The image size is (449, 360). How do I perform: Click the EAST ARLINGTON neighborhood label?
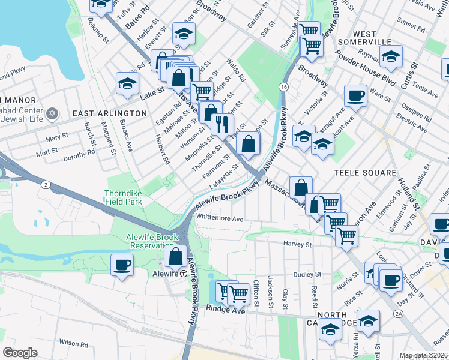click(x=110, y=113)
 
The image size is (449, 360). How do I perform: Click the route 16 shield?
click(x=282, y=87)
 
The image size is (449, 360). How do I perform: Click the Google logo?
click(x=20, y=352)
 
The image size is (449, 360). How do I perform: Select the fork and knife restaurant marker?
click(x=222, y=124)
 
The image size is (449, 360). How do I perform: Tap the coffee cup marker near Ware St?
click(x=355, y=95)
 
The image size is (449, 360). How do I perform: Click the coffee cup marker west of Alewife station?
click(x=122, y=265)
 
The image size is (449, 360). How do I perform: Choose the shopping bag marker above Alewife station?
click(x=175, y=256)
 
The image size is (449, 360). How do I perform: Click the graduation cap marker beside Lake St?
click(x=128, y=84)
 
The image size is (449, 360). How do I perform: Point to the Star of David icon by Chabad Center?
click(x=52, y=113)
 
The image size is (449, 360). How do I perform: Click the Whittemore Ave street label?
click(x=220, y=219)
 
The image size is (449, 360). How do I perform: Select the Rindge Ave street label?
click(x=225, y=310)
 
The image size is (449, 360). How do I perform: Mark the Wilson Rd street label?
click(x=73, y=343)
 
